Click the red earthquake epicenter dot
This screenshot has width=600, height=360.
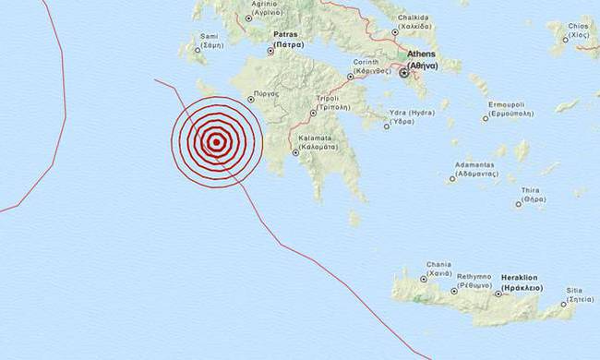[x=216, y=141]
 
